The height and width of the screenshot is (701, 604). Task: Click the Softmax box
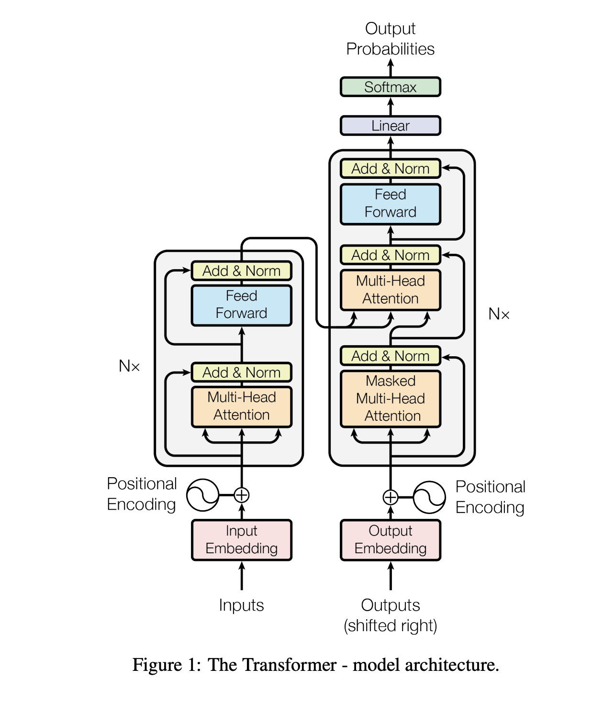pyautogui.click(x=390, y=87)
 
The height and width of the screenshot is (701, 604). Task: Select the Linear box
pyautogui.click(x=390, y=126)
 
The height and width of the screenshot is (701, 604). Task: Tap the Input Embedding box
pyautogui.click(x=241, y=540)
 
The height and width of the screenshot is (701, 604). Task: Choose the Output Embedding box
pyautogui.click(x=390, y=540)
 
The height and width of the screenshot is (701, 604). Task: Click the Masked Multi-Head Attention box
pyautogui.click(x=390, y=398)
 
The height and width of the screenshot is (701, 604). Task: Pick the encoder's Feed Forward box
pyautogui.click(x=241, y=305)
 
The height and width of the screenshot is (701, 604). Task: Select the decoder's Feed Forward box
pyautogui.click(x=390, y=204)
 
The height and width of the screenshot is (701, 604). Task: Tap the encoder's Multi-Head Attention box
pyautogui.click(x=241, y=406)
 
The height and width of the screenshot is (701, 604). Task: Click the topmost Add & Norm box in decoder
pyautogui.click(x=390, y=169)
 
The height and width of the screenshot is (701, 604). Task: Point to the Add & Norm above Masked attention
pyautogui.click(x=390, y=356)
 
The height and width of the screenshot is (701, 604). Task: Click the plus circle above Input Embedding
pyautogui.click(x=242, y=495)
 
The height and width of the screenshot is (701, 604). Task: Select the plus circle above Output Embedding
pyautogui.click(x=391, y=497)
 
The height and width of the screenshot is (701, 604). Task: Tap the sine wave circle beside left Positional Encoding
pyautogui.click(x=202, y=495)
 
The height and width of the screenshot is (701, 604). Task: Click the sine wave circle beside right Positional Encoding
pyautogui.click(x=429, y=497)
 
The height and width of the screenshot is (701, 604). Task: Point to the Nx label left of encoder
pyautogui.click(x=129, y=366)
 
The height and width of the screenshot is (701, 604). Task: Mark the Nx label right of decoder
pyautogui.click(x=499, y=314)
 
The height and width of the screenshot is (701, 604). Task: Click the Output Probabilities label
pyautogui.click(x=390, y=39)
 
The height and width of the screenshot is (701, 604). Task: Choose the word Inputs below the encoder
pyautogui.click(x=241, y=605)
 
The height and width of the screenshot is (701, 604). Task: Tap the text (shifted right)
pyautogui.click(x=390, y=625)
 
